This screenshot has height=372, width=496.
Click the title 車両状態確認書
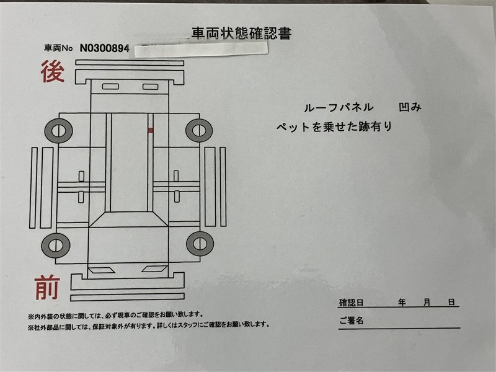click(x=241, y=33)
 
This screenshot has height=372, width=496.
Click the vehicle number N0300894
click(x=104, y=48)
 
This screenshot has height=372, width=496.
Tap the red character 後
click(x=53, y=72)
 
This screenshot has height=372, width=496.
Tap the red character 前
click(x=47, y=287)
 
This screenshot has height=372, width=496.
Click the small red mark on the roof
click(x=151, y=130)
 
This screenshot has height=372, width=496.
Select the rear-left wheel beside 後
click(x=58, y=130)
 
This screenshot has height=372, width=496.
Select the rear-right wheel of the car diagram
click(x=199, y=130)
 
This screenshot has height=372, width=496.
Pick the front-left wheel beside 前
click(x=56, y=246)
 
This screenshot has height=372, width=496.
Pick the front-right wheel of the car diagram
click(x=200, y=244)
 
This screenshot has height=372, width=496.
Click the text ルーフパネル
click(x=339, y=108)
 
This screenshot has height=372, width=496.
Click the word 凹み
click(x=410, y=107)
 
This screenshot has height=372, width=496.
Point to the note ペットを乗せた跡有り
click(x=334, y=127)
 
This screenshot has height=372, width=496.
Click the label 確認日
click(x=351, y=303)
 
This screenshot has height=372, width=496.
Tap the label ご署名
click(x=351, y=321)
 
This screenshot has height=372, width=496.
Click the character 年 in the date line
click(x=402, y=303)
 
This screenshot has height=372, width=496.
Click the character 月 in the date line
click(x=427, y=303)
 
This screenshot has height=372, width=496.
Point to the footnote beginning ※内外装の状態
click(x=115, y=316)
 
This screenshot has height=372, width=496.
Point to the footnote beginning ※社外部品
click(x=149, y=325)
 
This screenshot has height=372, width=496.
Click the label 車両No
click(x=58, y=48)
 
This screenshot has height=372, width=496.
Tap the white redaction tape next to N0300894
click(x=201, y=50)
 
